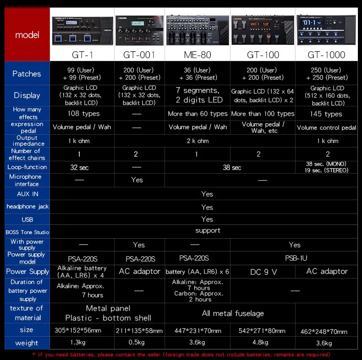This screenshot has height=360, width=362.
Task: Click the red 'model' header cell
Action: [27, 35]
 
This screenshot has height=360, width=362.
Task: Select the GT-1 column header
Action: [82, 55]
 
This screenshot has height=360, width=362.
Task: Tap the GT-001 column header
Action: [139, 55]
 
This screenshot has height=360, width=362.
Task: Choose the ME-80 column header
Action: [197, 55]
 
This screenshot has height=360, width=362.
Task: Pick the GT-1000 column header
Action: [326, 55]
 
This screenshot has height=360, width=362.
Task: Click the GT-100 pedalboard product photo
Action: [263, 30]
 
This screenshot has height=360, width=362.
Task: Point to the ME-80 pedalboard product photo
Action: [197, 30]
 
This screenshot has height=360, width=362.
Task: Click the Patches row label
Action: [27, 74]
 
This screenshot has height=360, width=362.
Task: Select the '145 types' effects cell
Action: [326, 114]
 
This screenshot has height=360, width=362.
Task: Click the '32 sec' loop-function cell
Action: [80, 168]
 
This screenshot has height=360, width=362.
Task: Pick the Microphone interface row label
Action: [25, 180]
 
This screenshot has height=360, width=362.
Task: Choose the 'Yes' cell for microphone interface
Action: [137, 180]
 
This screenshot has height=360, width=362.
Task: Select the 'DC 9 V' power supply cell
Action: [263, 272]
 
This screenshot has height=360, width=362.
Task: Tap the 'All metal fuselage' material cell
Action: [233, 313]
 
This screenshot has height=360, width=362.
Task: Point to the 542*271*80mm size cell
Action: [263, 330]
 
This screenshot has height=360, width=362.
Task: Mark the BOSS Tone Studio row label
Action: [27, 232]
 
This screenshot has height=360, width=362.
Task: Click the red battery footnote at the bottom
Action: [181, 355]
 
